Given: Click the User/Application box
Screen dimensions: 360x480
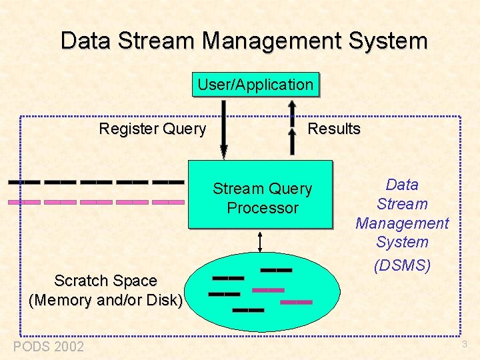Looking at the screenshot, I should pos(255,85).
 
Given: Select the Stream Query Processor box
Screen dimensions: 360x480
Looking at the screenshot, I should pos(261,195).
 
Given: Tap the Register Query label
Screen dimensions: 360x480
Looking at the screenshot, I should pos(152,129).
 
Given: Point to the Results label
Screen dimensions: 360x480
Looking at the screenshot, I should pos(334,129).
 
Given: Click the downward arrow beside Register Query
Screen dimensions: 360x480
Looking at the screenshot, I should pos(224,129).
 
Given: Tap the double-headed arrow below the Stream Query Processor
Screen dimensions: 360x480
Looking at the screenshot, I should pos(261,240).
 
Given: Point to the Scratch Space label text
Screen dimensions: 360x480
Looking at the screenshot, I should pos(105,281).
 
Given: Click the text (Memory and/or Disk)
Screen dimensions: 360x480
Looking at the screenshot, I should pos(105,300).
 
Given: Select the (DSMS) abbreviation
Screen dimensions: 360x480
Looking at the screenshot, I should pos(402,265).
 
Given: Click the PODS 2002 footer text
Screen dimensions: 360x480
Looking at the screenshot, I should pos(49,346).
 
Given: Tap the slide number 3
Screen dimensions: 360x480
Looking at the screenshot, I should pos(464,345).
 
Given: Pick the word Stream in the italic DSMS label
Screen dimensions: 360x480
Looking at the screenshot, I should pos(402,204).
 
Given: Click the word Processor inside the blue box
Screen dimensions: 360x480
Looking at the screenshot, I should pos(263,208).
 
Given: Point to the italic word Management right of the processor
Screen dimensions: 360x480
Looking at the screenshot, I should pos(402,223).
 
